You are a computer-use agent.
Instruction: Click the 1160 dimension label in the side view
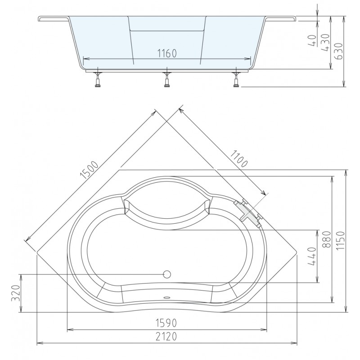click(167, 54)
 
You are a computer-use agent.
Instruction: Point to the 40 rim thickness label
click(312, 40)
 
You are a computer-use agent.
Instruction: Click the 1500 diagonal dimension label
click(89, 170)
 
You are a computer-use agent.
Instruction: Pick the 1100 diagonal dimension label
click(239, 158)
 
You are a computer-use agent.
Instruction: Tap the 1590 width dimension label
click(166, 323)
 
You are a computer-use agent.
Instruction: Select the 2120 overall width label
click(166, 337)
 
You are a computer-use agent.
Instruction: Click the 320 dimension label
click(16, 293)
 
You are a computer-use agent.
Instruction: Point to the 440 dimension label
click(312, 256)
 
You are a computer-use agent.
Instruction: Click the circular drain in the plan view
click(167, 274)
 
